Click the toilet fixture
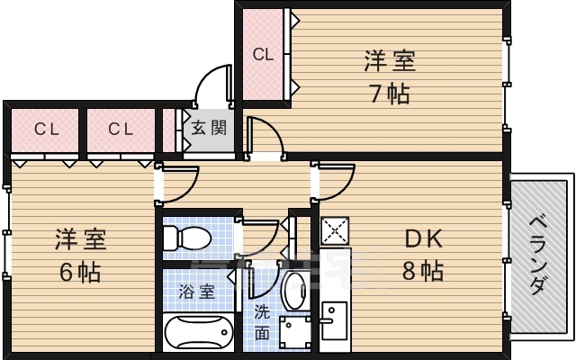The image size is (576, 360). point(187,238)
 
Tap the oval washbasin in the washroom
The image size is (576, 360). point(294,290)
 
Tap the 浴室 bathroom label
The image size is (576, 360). point(196,292)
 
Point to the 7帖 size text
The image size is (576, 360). point(388,93)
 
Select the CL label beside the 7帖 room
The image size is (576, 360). point(262,54)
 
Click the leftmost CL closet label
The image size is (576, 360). point(46,129)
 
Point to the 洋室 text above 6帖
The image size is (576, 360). point(80,239)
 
